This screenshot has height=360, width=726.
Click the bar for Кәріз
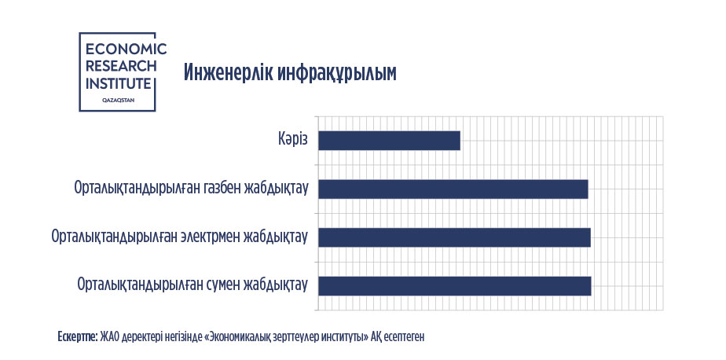pyautogui.click(x=390, y=141)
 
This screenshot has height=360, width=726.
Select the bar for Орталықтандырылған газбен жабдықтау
pyautogui.click(x=453, y=189)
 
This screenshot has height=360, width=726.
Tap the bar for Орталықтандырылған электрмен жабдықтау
pyautogui.click(x=455, y=237)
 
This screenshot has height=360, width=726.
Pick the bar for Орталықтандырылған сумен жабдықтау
pyautogui.click(x=455, y=286)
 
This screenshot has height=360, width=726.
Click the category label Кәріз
pyautogui.click(x=292, y=139)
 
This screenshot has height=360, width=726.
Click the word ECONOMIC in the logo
pyautogui.click(x=126, y=49)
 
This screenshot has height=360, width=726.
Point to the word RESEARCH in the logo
pyautogui.click(x=121, y=66)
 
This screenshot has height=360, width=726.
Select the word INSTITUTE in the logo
pyautogui.click(x=119, y=84)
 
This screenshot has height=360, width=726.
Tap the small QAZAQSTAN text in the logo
pyautogui.click(x=119, y=100)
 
